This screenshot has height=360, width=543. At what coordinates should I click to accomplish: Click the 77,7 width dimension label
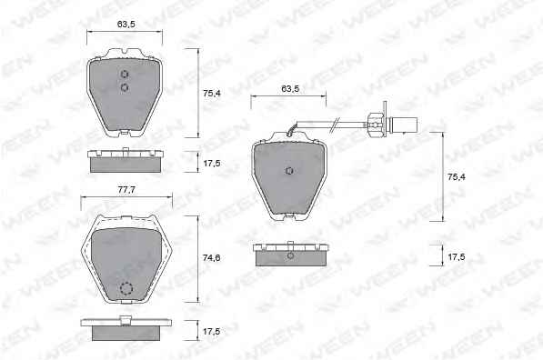pos(126,190)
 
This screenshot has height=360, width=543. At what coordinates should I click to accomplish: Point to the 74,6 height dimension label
pos(211,257)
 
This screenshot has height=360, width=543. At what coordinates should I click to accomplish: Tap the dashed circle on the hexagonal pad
pos(126,288)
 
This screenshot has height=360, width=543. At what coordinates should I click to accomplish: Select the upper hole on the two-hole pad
pos(125,74)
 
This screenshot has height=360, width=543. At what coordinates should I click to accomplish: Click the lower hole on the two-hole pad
pos(125,87)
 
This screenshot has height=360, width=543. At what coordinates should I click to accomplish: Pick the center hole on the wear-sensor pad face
pos(289,170)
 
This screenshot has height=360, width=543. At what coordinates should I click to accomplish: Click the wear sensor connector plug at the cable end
pos(404,125)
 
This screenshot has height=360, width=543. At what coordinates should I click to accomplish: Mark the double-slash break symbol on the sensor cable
pos(336,124)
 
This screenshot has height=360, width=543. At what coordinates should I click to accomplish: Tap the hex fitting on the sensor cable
pos(374,124)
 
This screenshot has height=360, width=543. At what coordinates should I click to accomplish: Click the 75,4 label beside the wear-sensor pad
pos(457,177)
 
